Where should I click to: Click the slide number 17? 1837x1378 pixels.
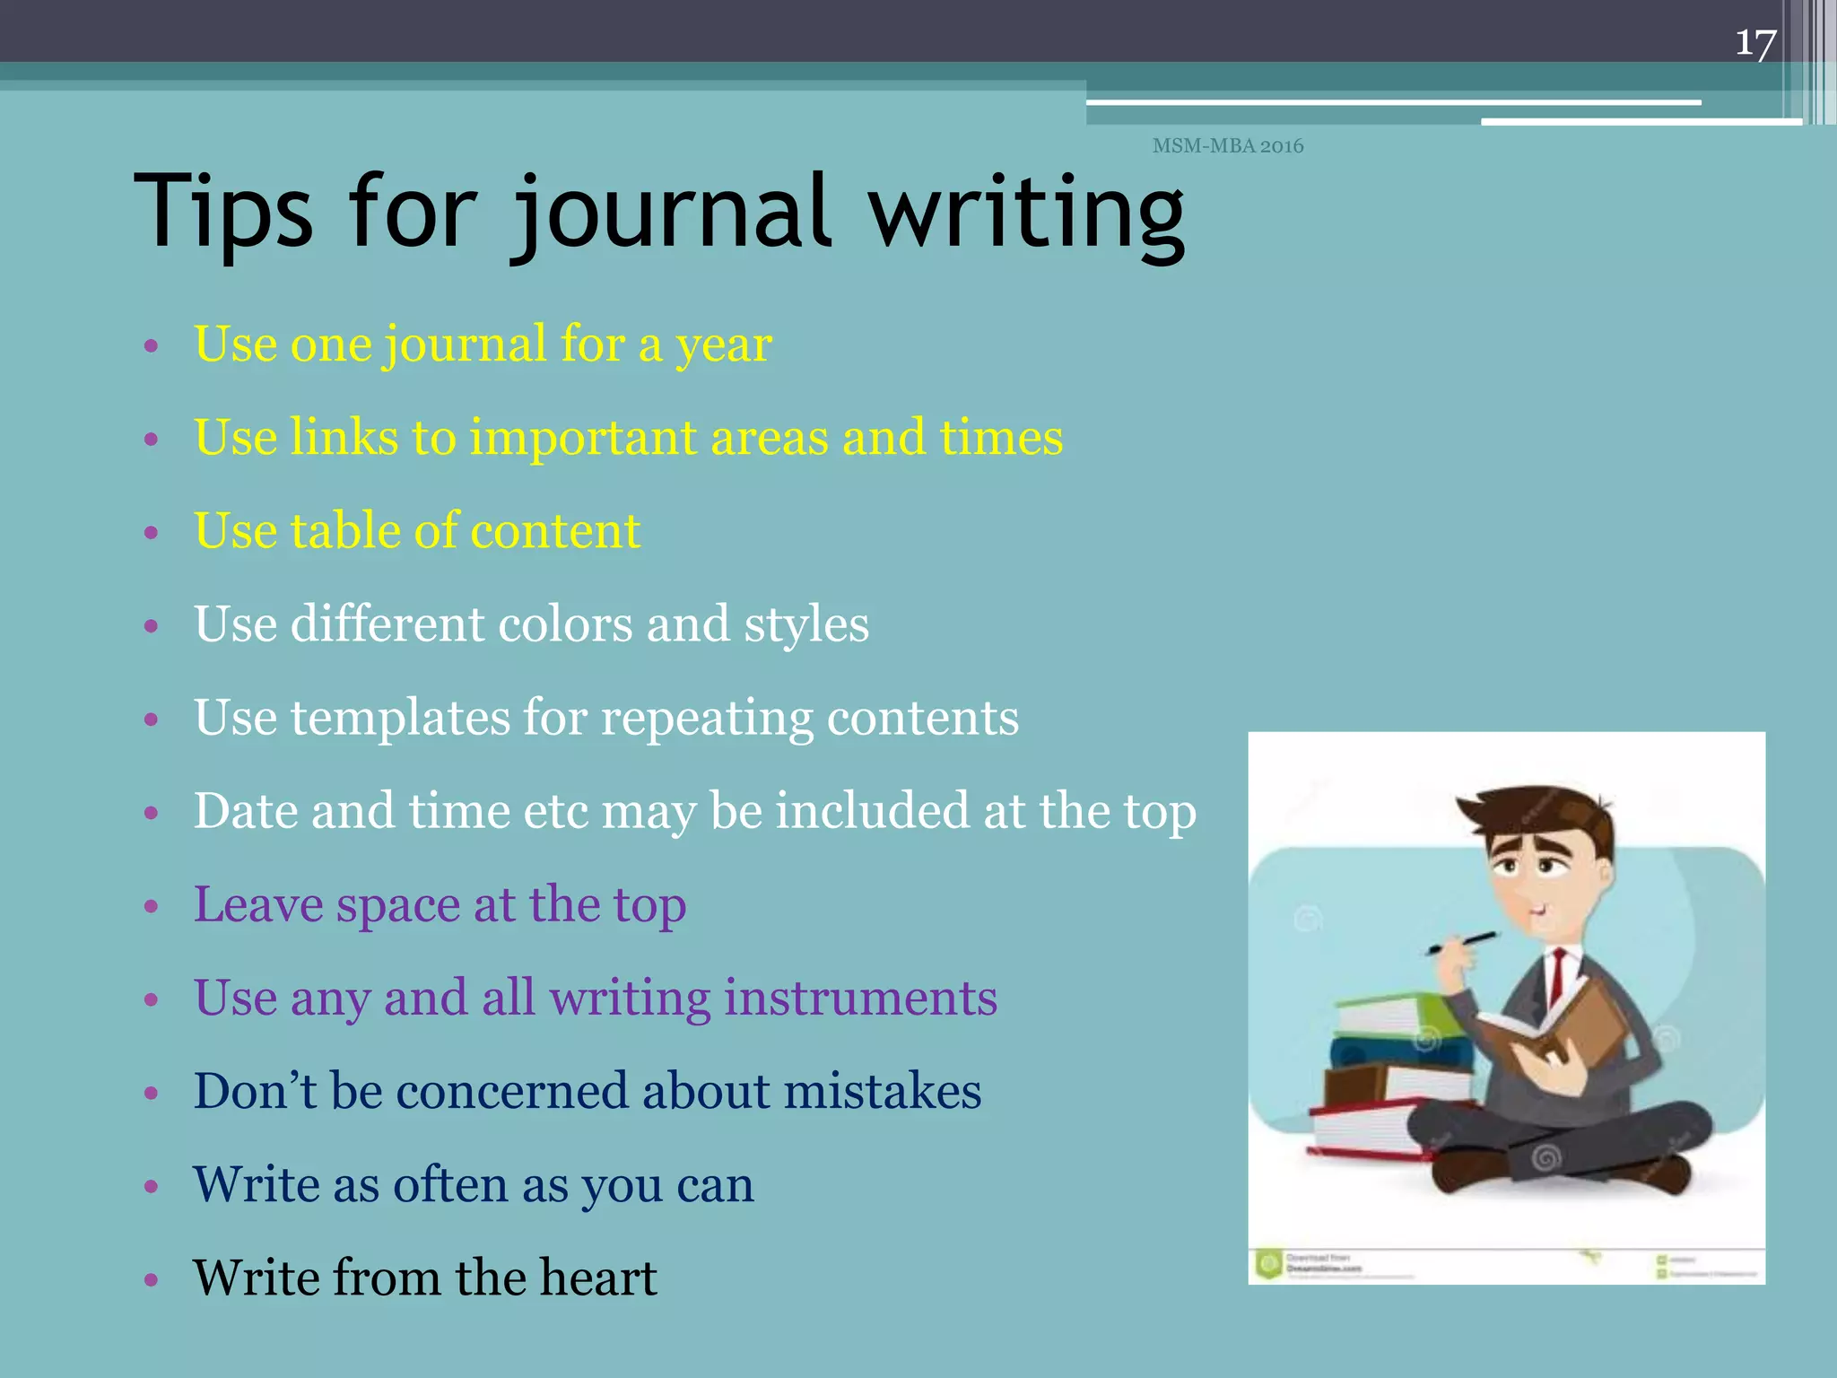[1755, 42]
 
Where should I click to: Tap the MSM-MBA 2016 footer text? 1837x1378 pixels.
[1227, 145]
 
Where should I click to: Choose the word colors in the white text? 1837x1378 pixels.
[565, 624]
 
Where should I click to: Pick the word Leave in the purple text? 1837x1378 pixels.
[258, 904]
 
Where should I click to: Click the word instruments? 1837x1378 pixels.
[860, 998]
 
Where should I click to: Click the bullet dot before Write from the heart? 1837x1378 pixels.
[151, 1279]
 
